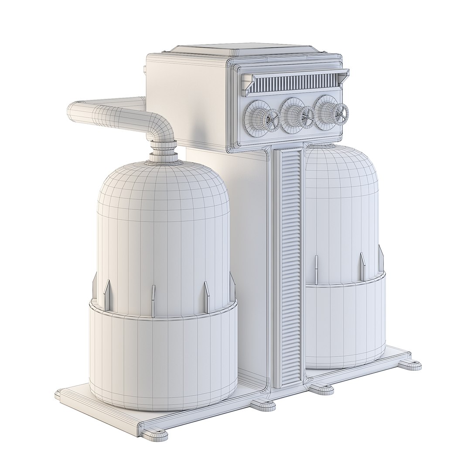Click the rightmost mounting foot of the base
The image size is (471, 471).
pos(410,365)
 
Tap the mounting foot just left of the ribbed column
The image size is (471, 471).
pos(263,404)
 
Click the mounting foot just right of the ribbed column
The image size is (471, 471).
pos(321,388)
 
